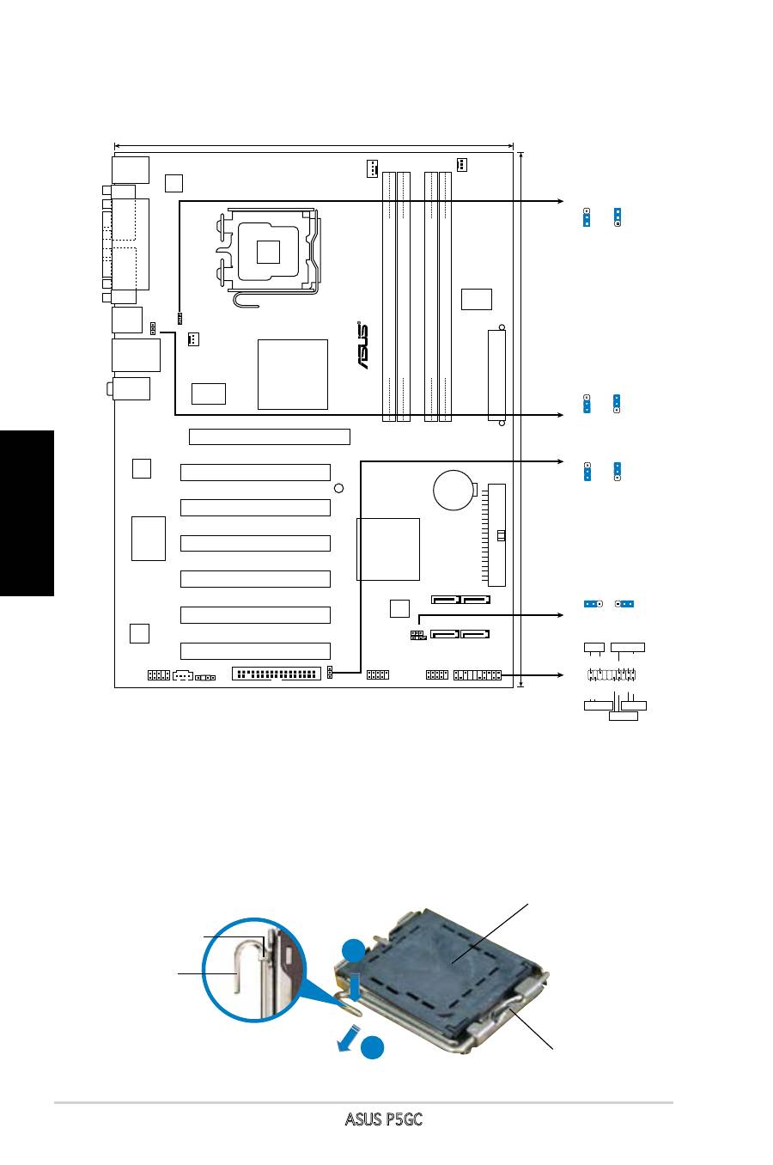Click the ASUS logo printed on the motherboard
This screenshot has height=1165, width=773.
coord(362,345)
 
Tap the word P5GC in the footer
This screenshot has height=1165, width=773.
coord(403,1119)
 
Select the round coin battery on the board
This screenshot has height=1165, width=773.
coord(453,490)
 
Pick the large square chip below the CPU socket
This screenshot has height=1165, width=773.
coord(293,375)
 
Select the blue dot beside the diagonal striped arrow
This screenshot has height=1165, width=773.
coord(373,1048)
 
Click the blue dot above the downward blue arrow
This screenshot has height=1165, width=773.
coord(353,951)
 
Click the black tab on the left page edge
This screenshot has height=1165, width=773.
coord(27,513)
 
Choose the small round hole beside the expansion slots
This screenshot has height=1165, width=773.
coord(339,488)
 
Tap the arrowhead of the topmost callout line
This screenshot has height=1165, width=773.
coord(560,201)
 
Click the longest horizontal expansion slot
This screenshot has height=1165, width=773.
coord(270,436)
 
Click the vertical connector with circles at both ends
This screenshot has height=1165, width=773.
coord(497,375)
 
